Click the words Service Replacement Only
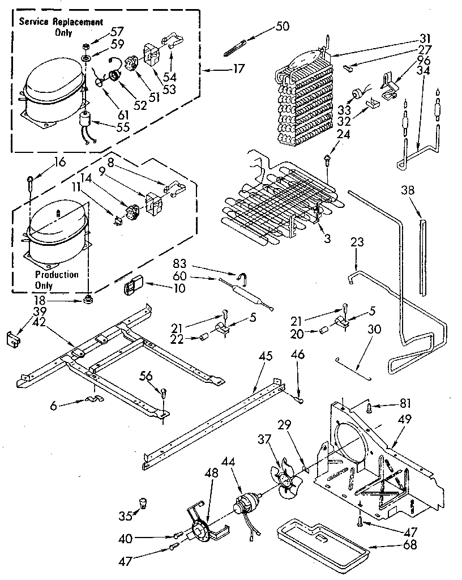coord(62,27)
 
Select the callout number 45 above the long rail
coord(266,356)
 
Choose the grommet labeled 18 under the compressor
coord(87,298)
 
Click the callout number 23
coord(357,242)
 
